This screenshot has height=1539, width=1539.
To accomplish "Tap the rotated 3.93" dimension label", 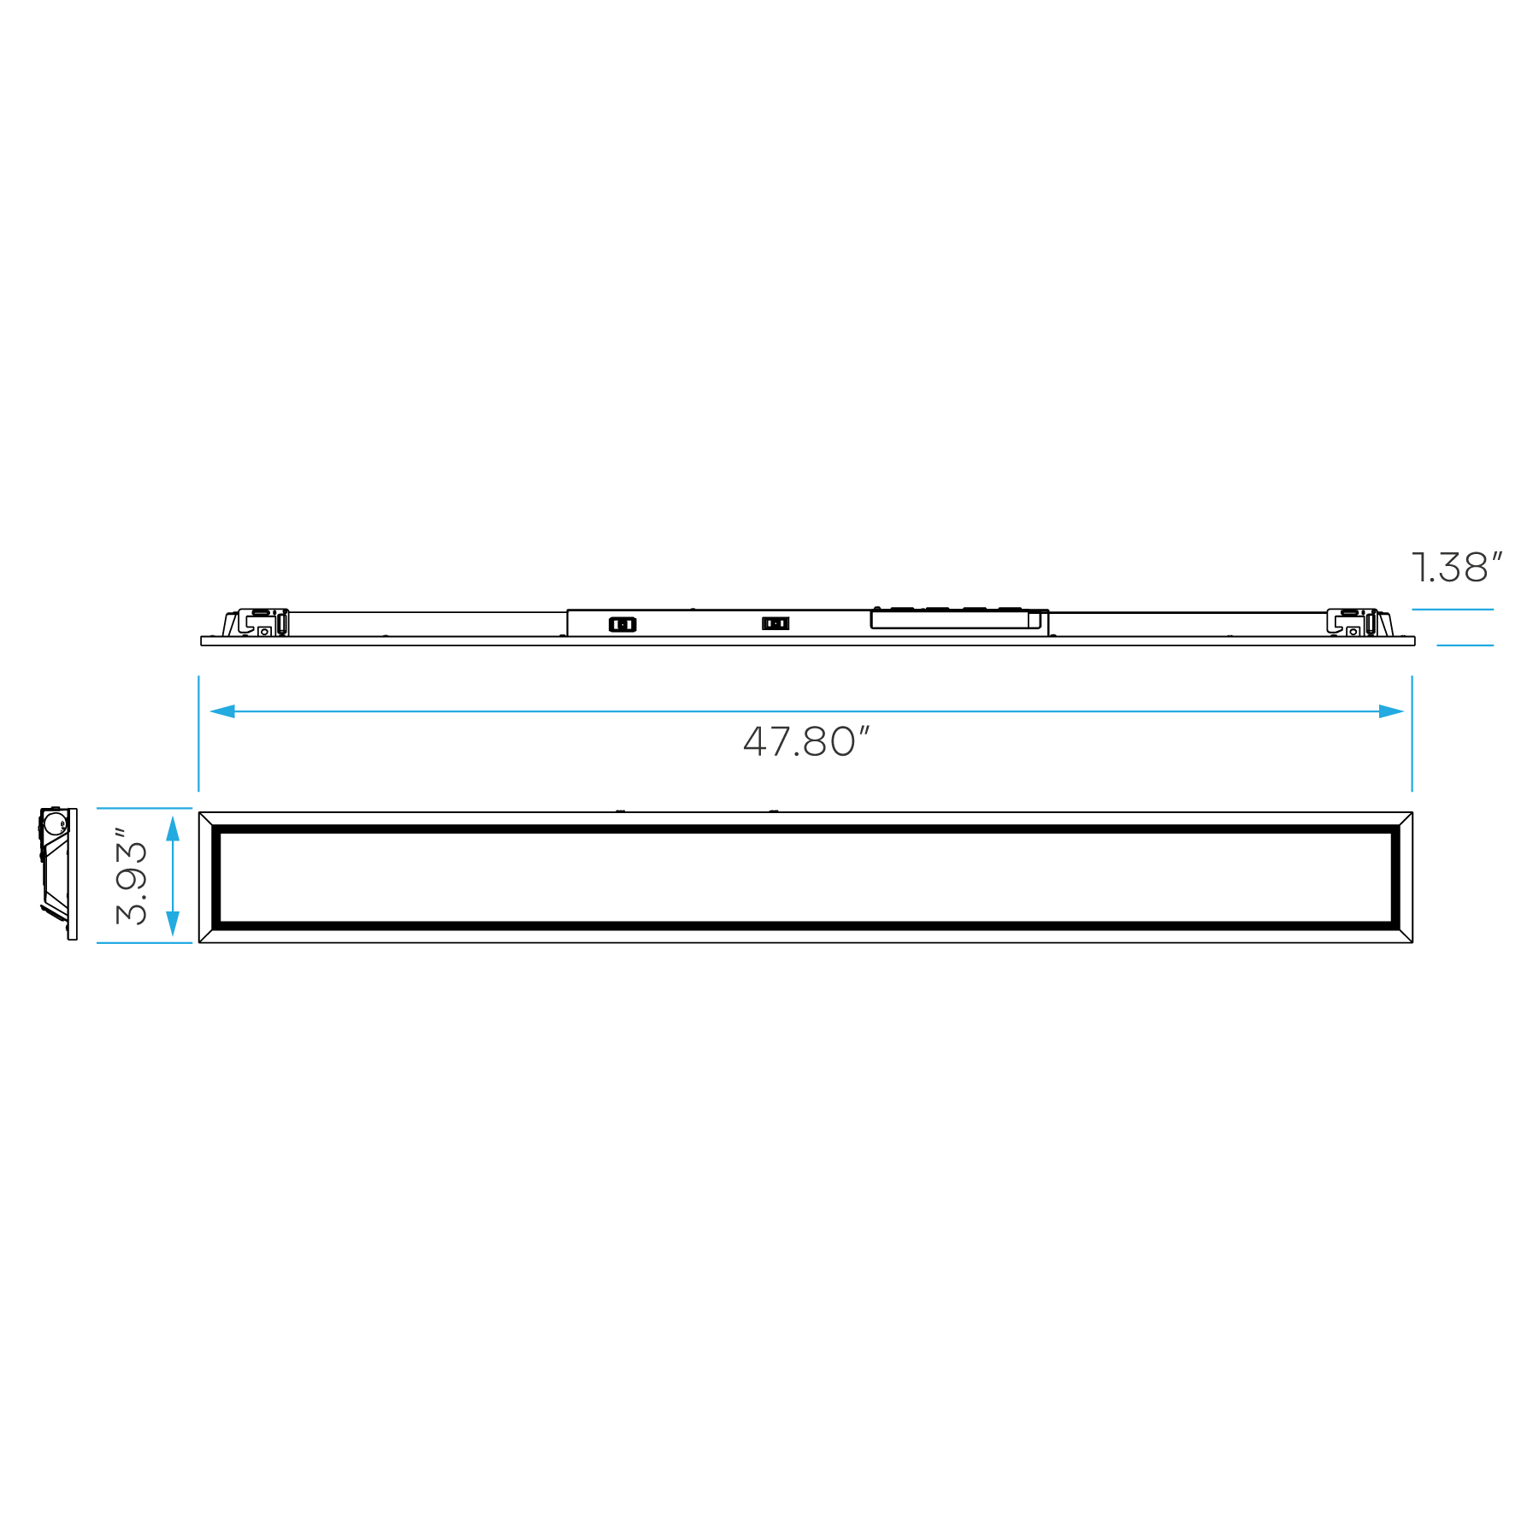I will click(x=131, y=876).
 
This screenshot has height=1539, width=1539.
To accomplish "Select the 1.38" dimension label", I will click(x=1456, y=569).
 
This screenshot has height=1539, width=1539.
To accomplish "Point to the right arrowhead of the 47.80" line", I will click(x=1391, y=711).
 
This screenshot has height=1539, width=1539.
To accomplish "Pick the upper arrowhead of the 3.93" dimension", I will click(x=173, y=828).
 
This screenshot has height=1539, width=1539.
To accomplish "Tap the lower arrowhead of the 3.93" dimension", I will click(x=173, y=923).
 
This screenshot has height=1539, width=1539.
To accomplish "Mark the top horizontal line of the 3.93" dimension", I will click(x=144, y=808).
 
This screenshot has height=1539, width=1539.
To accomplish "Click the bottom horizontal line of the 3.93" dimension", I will click(x=144, y=942).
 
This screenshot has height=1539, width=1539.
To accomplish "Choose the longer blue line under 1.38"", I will click(x=1453, y=610).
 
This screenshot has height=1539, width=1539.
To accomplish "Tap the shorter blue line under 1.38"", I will click(x=1465, y=645).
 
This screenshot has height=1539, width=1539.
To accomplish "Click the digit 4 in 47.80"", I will click(x=756, y=742).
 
